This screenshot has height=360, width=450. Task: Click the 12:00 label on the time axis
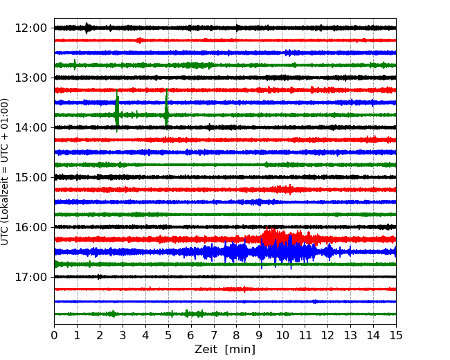point(30,28)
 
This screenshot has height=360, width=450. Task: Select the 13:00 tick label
point(30,78)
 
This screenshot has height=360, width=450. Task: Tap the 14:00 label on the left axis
point(30,127)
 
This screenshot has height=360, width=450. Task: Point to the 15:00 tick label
point(30,177)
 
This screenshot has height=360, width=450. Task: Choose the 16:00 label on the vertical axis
point(30,227)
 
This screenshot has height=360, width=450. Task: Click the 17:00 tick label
point(30,277)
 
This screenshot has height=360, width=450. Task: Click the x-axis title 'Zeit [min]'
point(225,350)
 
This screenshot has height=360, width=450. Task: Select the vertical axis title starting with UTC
point(4,172)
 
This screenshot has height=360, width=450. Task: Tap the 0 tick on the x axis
point(54,335)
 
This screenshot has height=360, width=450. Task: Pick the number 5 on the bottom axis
point(168,335)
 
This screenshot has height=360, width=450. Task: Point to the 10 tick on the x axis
point(282,335)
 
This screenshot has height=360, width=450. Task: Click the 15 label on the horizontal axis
point(396,335)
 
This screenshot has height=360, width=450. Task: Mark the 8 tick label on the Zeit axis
point(237,335)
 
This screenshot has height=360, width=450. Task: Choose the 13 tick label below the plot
point(350,335)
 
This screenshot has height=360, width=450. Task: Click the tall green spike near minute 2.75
point(117,111)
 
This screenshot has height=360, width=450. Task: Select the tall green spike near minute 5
point(166,108)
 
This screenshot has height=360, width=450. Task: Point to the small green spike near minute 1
point(75,64)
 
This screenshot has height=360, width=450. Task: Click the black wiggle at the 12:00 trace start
point(87,28)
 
